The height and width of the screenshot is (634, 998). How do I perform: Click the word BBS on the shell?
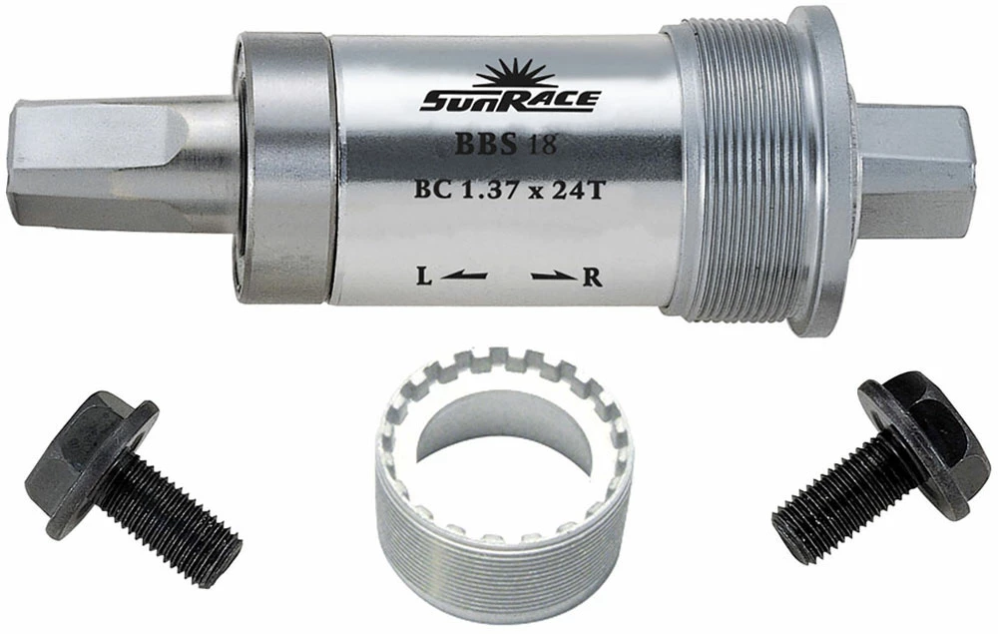pos(485,145)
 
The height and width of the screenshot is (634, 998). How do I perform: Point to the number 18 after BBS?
pos(541,146)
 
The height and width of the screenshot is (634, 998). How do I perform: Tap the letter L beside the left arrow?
pos(422,277)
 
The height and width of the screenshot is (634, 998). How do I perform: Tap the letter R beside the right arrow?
pos(593,277)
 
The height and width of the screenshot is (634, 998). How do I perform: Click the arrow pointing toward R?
pos(556,276)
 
